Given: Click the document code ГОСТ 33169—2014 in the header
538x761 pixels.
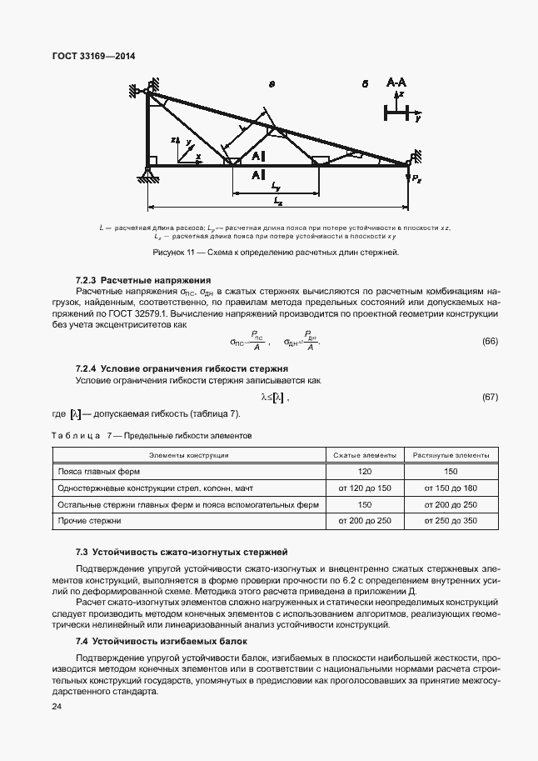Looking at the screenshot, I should [x=93, y=56].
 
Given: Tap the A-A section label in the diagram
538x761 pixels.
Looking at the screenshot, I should [x=396, y=83].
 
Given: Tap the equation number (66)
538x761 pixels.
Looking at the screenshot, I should [x=490, y=342].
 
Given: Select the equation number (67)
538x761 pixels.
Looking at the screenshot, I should [x=490, y=397].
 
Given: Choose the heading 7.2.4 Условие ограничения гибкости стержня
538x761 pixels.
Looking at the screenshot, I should [x=182, y=368].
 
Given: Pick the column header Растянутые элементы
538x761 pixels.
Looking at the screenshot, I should [x=451, y=454].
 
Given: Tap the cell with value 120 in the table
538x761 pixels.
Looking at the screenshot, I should [x=364, y=471].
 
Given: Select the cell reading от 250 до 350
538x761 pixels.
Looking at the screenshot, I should [x=451, y=520].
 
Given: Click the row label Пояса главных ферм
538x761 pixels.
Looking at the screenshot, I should [x=89, y=471].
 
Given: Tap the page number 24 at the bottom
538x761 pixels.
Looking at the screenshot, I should [x=56, y=707].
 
